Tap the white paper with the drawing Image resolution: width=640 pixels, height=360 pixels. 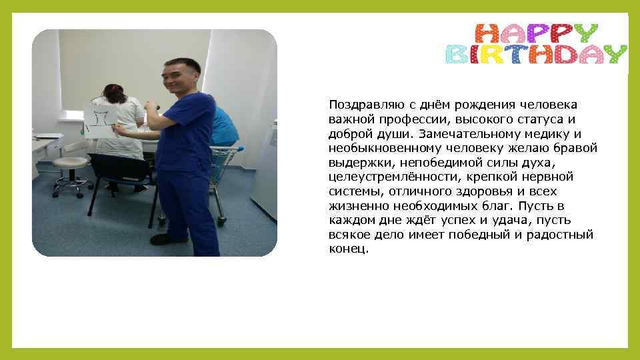coord(101,121)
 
